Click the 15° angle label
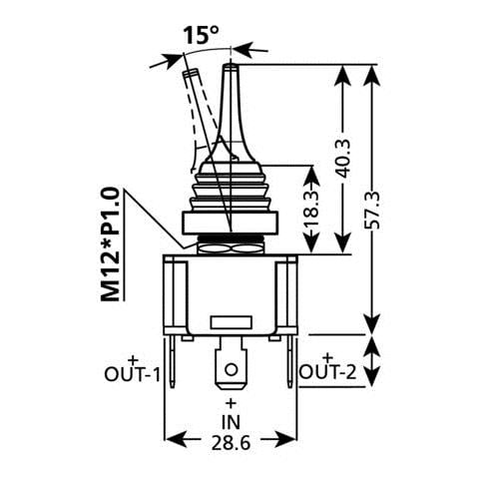(x=201, y=35)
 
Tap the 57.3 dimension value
(x=372, y=211)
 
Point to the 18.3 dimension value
(x=313, y=209)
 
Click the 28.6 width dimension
(x=231, y=443)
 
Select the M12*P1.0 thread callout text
(x=110, y=244)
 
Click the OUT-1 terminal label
(x=132, y=375)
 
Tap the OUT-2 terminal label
(x=328, y=372)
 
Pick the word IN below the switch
(x=231, y=422)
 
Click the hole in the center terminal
(x=231, y=369)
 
